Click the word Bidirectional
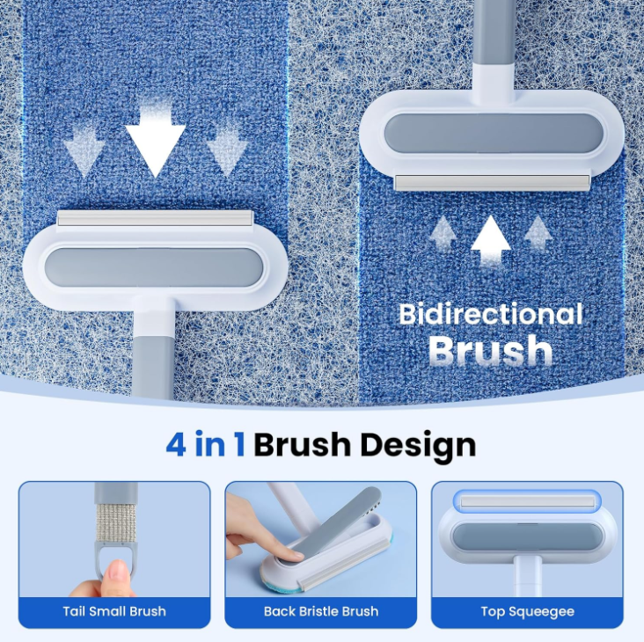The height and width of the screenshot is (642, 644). click(490, 314)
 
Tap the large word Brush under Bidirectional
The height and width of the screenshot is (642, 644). click(490, 350)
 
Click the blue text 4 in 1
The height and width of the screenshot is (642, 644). click(206, 444)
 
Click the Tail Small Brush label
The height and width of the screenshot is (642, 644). click(114, 611)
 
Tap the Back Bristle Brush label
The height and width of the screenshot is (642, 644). click(321, 611)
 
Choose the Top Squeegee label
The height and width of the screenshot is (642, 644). click(527, 611)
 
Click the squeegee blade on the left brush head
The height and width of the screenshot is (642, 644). click(155, 218)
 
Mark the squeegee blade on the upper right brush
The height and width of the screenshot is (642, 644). click(492, 182)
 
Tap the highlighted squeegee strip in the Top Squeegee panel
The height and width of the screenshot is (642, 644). click(527, 501)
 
